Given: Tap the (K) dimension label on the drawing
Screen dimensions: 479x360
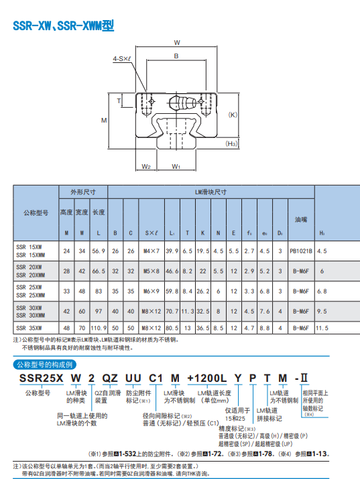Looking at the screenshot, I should click(233, 115).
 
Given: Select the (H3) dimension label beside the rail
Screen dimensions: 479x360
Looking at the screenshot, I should click(231, 143).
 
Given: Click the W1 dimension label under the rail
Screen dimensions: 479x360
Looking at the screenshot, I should click(176, 165).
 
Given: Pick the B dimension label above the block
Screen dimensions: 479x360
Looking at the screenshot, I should click(176, 57).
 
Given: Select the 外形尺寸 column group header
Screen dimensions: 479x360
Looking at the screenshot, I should click(82, 192).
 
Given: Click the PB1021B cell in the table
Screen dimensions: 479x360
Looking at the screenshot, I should click(300, 251).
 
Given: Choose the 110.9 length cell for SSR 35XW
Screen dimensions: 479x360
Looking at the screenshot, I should click(99, 328).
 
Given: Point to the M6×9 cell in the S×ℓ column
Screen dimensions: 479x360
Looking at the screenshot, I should click(150, 291).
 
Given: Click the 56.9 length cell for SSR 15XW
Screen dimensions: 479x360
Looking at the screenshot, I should click(99, 251).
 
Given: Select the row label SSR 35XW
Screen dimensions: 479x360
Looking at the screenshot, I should click(29, 328).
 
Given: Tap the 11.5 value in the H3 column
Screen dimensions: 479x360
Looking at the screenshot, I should click(322, 328).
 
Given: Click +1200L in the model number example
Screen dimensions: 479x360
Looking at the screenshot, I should click(211, 379).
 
